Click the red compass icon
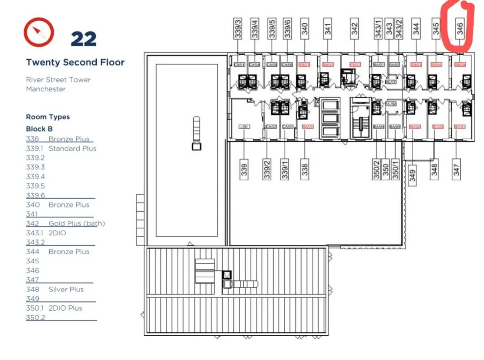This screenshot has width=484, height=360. click(x=39, y=32)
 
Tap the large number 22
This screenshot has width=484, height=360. click(x=83, y=39)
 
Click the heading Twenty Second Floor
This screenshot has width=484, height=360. click(x=75, y=62)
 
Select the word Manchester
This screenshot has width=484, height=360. click(x=46, y=89)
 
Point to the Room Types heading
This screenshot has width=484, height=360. click(x=48, y=117)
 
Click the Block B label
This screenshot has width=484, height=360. click(x=36, y=129)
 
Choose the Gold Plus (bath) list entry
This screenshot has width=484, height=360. click(x=77, y=223)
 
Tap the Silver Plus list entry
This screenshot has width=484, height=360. click(x=66, y=289)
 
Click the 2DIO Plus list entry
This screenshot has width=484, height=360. click(x=65, y=308)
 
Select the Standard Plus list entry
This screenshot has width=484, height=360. click(x=72, y=148)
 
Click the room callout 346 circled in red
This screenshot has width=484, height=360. click(x=460, y=29)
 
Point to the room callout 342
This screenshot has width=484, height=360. click(x=354, y=29)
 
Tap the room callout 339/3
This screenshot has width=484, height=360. click(x=238, y=28)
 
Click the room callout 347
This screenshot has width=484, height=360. click(x=457, y=169)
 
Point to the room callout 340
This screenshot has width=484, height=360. click(x=305, y=29)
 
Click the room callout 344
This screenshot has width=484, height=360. click(x=417, y=29)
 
